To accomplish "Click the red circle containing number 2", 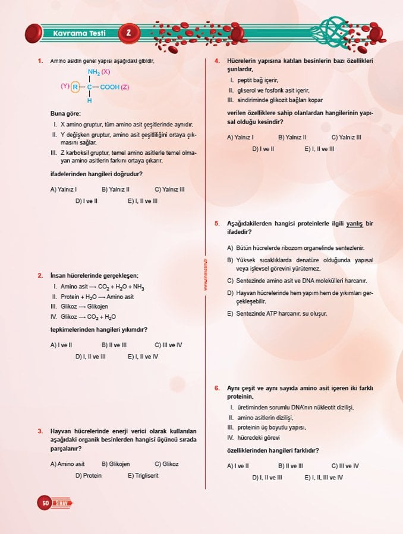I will pos(128,33).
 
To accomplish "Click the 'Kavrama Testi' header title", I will pos(78,33).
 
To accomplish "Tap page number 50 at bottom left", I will pos(45,503).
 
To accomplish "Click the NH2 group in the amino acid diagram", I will pos(94,72).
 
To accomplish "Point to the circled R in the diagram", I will pos(75,87).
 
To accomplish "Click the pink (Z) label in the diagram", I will pos(125,87).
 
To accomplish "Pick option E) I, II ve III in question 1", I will pos(143,201).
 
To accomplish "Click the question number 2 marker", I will pos(39,275).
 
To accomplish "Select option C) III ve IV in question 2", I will pos(168,344).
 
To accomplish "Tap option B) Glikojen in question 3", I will pos(115,464).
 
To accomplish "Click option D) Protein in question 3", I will pos(88,475).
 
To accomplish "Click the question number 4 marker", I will pos(218,61).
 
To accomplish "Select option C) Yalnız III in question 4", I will pos(346,137).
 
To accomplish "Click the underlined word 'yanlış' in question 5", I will pos(355,223).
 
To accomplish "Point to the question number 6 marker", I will pos(218,388).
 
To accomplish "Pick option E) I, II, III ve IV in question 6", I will pos(323,478).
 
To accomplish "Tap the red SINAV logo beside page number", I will pos(63,503).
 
